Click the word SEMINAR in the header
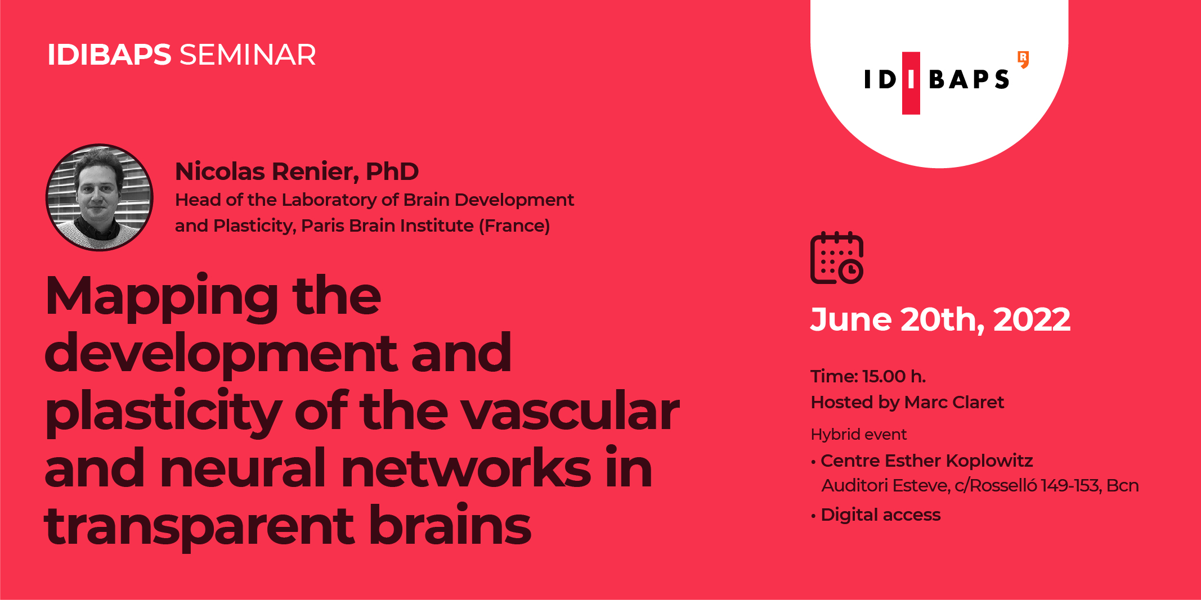[248, 55]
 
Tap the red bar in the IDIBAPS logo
[911, 83]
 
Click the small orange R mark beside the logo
[1024, 60]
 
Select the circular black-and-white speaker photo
[100, 197]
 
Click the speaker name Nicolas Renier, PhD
[297, 172]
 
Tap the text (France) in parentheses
[514, 226]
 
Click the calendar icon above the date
[837, 258]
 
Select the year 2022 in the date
[1032, 320]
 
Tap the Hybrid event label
[859, 435]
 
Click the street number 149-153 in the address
[1070, 485]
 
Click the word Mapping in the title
[162, 298]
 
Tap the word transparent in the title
[199, 527]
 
